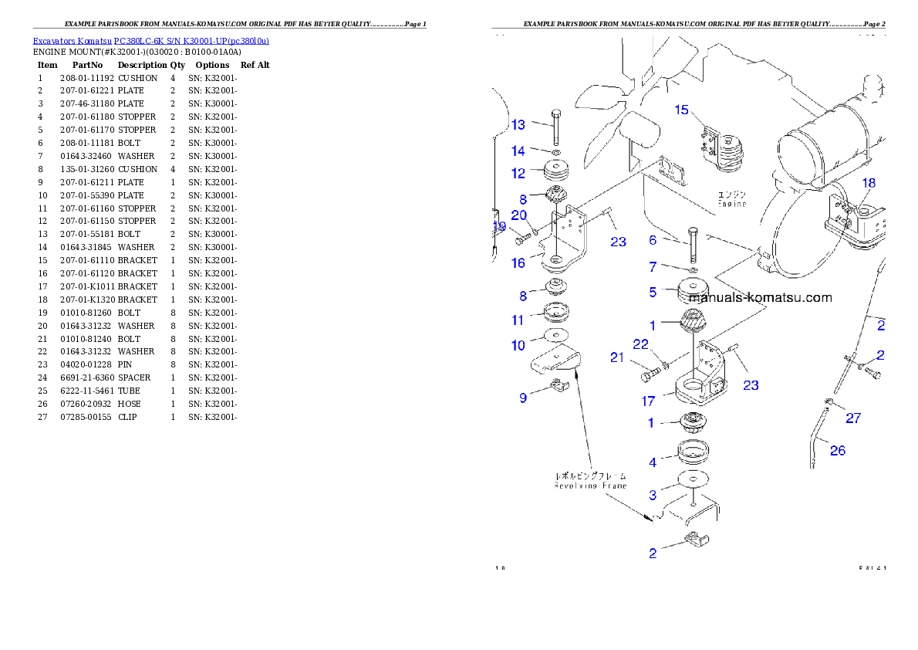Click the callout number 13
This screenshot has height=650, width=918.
point(518,124)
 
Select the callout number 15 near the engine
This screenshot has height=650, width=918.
point(681,110)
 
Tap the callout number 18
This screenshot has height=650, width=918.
point(869,183)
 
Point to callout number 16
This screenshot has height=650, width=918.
point(518,262)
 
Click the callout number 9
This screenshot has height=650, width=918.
point(523,398)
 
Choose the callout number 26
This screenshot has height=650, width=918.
point(837,450)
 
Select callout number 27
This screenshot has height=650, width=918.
point(852,418)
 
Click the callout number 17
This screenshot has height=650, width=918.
point(648,401)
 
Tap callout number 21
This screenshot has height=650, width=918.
point(617,357)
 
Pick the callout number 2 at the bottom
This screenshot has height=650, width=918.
point(653,553)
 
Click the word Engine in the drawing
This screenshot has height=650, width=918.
point(731,204)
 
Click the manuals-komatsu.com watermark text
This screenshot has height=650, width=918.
point(760,297)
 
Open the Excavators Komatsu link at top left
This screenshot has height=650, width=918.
point(150,41)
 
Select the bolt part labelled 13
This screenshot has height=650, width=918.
point(555,127)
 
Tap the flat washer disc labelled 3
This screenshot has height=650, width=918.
point(693,479)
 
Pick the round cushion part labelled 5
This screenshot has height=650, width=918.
point(693,293)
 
